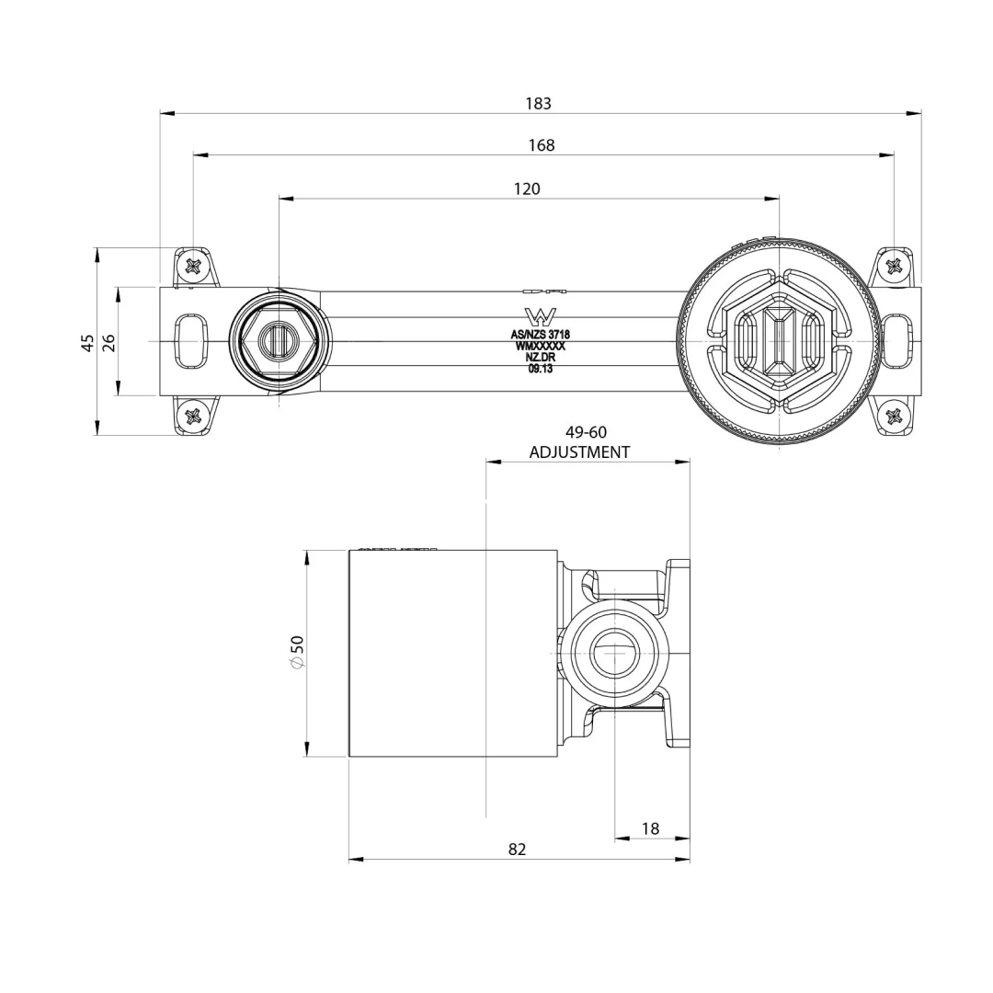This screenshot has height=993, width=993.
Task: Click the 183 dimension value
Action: click(538, 104)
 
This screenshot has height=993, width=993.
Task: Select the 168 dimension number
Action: click(542, 145)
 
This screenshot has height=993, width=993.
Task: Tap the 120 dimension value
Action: click(527, 188)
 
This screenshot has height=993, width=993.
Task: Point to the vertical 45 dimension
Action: click(87, 342)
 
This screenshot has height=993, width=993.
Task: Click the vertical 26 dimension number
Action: click(108, 342)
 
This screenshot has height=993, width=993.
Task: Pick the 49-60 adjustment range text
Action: click(586, 432)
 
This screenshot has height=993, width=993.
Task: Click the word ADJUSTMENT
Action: click(579, 452)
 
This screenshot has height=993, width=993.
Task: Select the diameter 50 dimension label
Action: click(296, 652)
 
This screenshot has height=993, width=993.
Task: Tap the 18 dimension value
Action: click(650, 828)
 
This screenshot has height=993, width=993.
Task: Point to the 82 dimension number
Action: click(518, 850)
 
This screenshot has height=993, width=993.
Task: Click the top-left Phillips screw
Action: click(193, 266)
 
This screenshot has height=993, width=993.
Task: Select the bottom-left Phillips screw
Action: click(193, 417)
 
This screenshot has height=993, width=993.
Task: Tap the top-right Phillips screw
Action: click(894, 267)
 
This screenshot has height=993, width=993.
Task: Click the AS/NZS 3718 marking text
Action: click(540, 335)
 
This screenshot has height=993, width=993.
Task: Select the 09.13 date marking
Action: click(540, 369)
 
